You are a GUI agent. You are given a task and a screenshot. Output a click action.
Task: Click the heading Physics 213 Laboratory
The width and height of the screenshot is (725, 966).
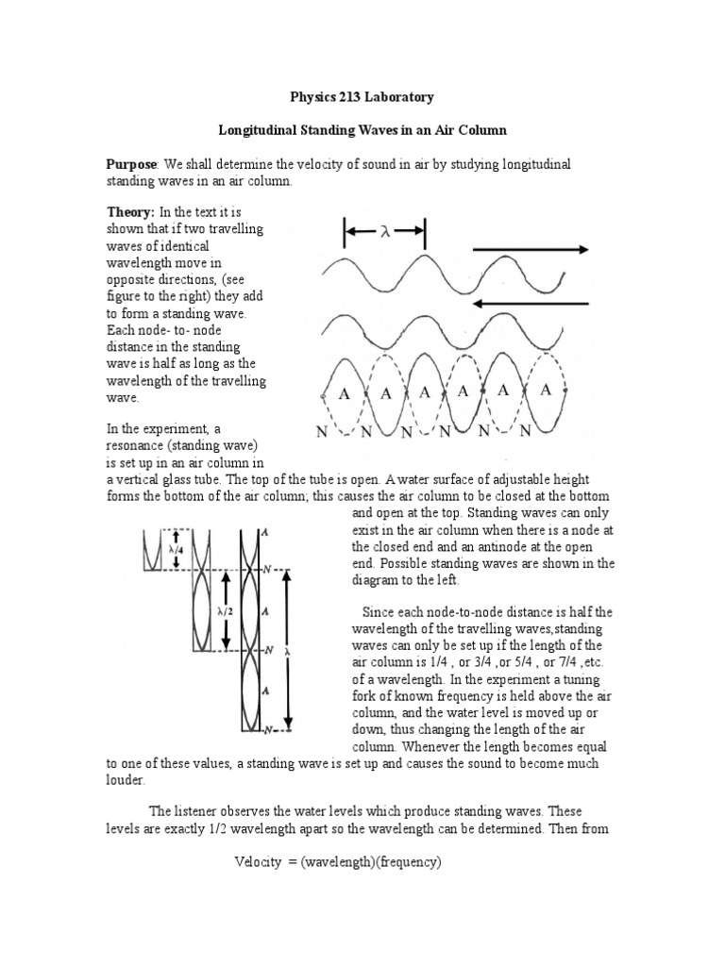pyautogui.click(x=362, y=97)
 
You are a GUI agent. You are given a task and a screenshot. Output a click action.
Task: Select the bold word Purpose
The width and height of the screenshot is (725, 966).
pyautogui.click(x=131, y=165)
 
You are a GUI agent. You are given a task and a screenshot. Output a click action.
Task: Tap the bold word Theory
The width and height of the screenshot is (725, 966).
pyautogui.click(x=129, y=212)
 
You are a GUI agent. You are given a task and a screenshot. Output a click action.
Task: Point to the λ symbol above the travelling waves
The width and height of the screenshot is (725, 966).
pyautogui.click(x=384, y=231)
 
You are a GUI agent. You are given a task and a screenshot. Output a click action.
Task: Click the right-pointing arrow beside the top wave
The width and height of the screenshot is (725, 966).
pyautogui.click(x=530, y=250)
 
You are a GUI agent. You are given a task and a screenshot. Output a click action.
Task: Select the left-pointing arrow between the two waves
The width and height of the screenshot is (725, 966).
pyautogui.click(x=530, y=303)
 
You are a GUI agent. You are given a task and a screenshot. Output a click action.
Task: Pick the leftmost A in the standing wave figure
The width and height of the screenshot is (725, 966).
pyautogui.click(x=345, y=394)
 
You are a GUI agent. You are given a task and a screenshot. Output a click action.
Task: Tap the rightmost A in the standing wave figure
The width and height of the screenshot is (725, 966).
pyautogui.click(x=546, y=390)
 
